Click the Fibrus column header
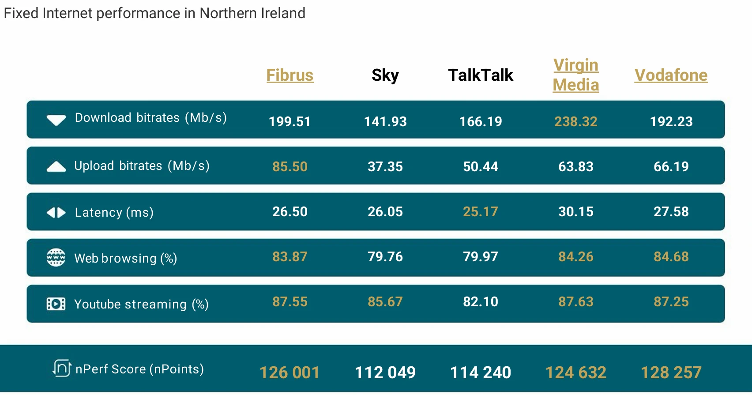pos(290,75)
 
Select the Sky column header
pos(385,75)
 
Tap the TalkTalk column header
pos(480,75)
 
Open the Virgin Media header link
pos(575,75)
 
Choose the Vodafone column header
pos(671,75)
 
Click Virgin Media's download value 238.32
pos(575,121)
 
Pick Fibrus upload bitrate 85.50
pos(290,166)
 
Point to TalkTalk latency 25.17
pos(480,211)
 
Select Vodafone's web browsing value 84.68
pos(671,256)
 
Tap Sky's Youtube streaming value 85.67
pos(385,301)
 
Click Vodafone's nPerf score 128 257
pos(671,372)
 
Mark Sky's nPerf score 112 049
pos(385,372)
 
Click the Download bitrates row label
pos(150,118)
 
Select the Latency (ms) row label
pos(114,212)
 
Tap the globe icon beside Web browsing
pos(56,257)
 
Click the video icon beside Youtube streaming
pos(56,304)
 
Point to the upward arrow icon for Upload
pos(56,166)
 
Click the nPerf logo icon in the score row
pos(62,368)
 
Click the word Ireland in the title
pos(283,13)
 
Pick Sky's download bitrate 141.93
pos(385,121)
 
